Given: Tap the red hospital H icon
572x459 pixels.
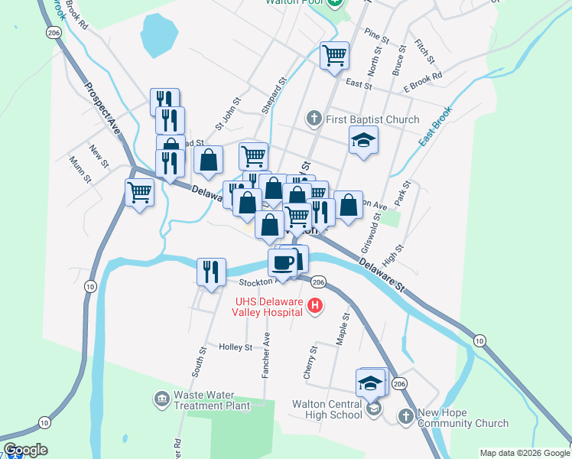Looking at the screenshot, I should coord(314,308).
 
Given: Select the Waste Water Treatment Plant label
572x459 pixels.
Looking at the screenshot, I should coord(212,400).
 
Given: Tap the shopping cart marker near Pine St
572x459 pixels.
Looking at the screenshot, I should coord(334,55).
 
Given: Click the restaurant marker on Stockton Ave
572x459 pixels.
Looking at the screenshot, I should coord(210,272).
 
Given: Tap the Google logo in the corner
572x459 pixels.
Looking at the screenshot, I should coord(25,450).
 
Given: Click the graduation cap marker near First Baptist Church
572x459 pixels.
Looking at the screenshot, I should coord(364,141).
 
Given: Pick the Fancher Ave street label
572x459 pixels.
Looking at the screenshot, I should coord(267,348).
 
